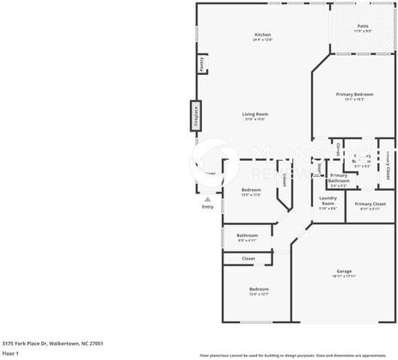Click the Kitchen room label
262,34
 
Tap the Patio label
363,27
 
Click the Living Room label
254,114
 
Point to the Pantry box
201,64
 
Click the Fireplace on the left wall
195,115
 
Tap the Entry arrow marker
207,198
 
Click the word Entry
207,207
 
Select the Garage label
344,271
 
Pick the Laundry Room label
328,203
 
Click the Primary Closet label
370,204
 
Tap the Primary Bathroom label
339,178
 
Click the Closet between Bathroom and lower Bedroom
248,258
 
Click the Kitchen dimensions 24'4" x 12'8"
262,40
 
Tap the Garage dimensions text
344,276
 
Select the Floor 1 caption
11,353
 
